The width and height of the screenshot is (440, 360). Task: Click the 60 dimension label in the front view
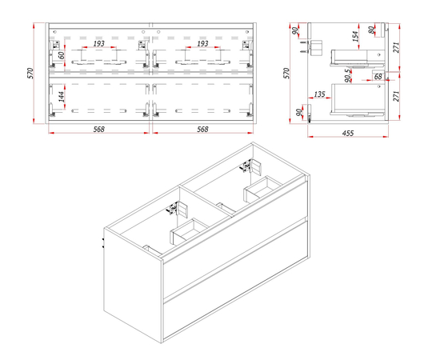(x=62, y=54)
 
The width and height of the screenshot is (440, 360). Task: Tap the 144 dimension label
(x=62, y=97)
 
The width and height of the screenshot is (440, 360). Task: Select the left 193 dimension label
(x=98, y=44)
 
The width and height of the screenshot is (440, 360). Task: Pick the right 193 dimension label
(x=202, y=44)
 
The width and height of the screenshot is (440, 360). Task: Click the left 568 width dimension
(x=98, y=129)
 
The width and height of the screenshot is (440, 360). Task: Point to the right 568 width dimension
(x=202, y=129)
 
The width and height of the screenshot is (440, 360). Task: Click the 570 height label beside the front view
(x=30, y=74)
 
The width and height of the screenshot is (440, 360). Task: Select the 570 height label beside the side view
(x=286, y=74)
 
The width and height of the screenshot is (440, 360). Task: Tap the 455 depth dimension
(x=348, y=133)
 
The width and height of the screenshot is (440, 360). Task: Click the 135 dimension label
(x=320, y=94)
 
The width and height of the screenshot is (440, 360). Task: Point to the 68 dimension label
(x=378, y=76)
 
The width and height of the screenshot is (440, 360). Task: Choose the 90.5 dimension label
(x=348, y=76)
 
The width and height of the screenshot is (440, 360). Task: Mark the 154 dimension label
(x=355, y=37)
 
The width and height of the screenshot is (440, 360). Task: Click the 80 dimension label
(x=371, y=30)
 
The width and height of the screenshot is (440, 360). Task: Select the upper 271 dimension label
(x=396, y=48)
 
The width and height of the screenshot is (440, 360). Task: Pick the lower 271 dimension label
(x=396, y=96)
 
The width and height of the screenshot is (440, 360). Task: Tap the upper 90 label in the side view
(x=296, y=31)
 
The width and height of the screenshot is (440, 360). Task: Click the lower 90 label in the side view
(x=300, y=112)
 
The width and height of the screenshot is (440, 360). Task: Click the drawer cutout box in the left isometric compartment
(x=189, y=232)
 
